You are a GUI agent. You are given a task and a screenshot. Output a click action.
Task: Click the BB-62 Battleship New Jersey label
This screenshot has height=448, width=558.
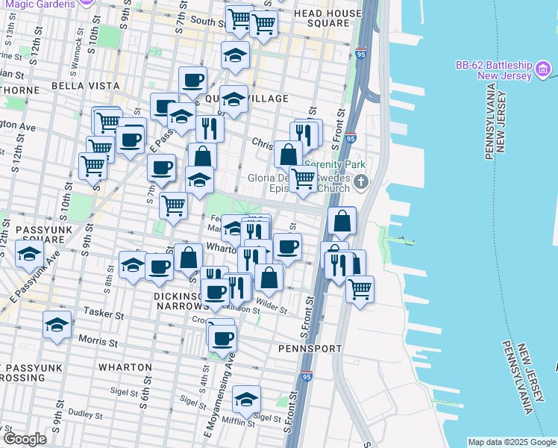pyautogui.click(x=493, y=71)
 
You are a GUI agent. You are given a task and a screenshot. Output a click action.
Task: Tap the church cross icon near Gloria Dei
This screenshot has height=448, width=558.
pyautogui.click(x=361, y=181)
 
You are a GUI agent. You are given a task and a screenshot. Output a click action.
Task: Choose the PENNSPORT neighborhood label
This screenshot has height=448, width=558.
pyautogui.click(x=310, y=349)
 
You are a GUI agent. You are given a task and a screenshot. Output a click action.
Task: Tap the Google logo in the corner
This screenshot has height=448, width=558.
pyautogui.click(x=25, y=438)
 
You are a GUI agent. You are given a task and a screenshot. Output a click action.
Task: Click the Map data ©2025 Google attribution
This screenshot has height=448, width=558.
pyautogui.click(x=511, y=442)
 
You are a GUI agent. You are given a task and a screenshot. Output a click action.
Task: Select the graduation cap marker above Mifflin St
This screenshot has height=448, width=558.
pyautogui.click(x=246, y=399)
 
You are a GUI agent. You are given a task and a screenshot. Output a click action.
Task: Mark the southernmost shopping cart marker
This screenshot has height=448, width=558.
pyautogui.click(x=360, y=287)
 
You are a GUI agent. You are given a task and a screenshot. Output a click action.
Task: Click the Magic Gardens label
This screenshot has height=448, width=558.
pyautogui.click(x=48, y=4)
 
